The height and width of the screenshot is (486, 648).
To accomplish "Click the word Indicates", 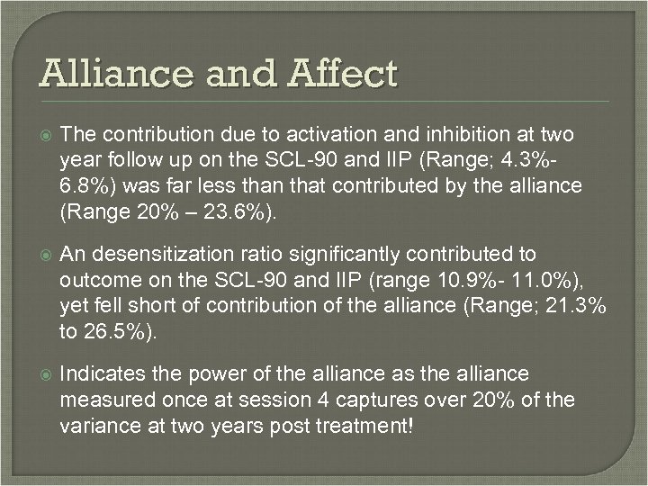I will click(98, 373).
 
